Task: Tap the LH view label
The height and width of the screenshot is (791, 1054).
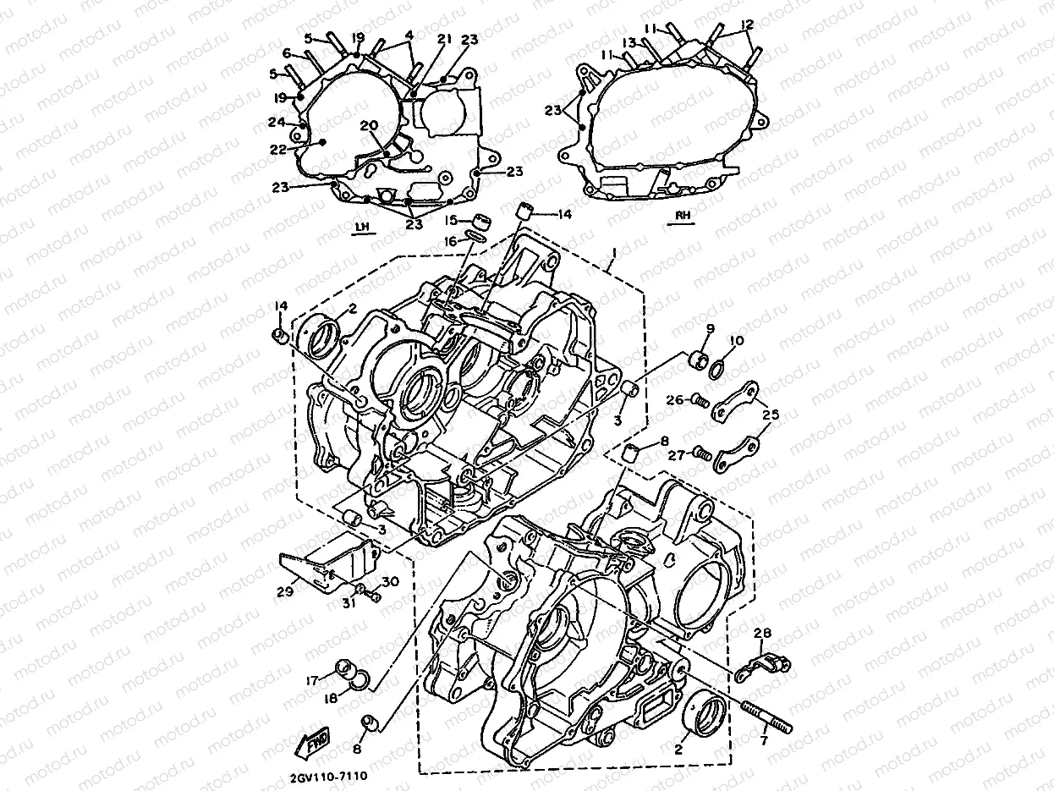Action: [363, 226]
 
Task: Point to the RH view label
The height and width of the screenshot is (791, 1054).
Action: [683, 216]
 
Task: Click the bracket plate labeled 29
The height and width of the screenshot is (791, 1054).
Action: [326, 565]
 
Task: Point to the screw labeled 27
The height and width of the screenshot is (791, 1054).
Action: [700, 453]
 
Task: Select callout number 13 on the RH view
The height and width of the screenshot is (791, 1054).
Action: [629, 42]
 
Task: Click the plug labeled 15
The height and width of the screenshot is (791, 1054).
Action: [481, 222]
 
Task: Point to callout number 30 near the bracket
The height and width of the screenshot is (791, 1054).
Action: [390, 581]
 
